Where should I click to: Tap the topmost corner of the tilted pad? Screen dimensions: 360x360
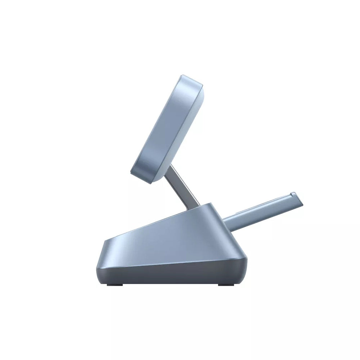pos(183,76)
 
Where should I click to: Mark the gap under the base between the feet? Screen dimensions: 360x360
pos(171,285)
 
